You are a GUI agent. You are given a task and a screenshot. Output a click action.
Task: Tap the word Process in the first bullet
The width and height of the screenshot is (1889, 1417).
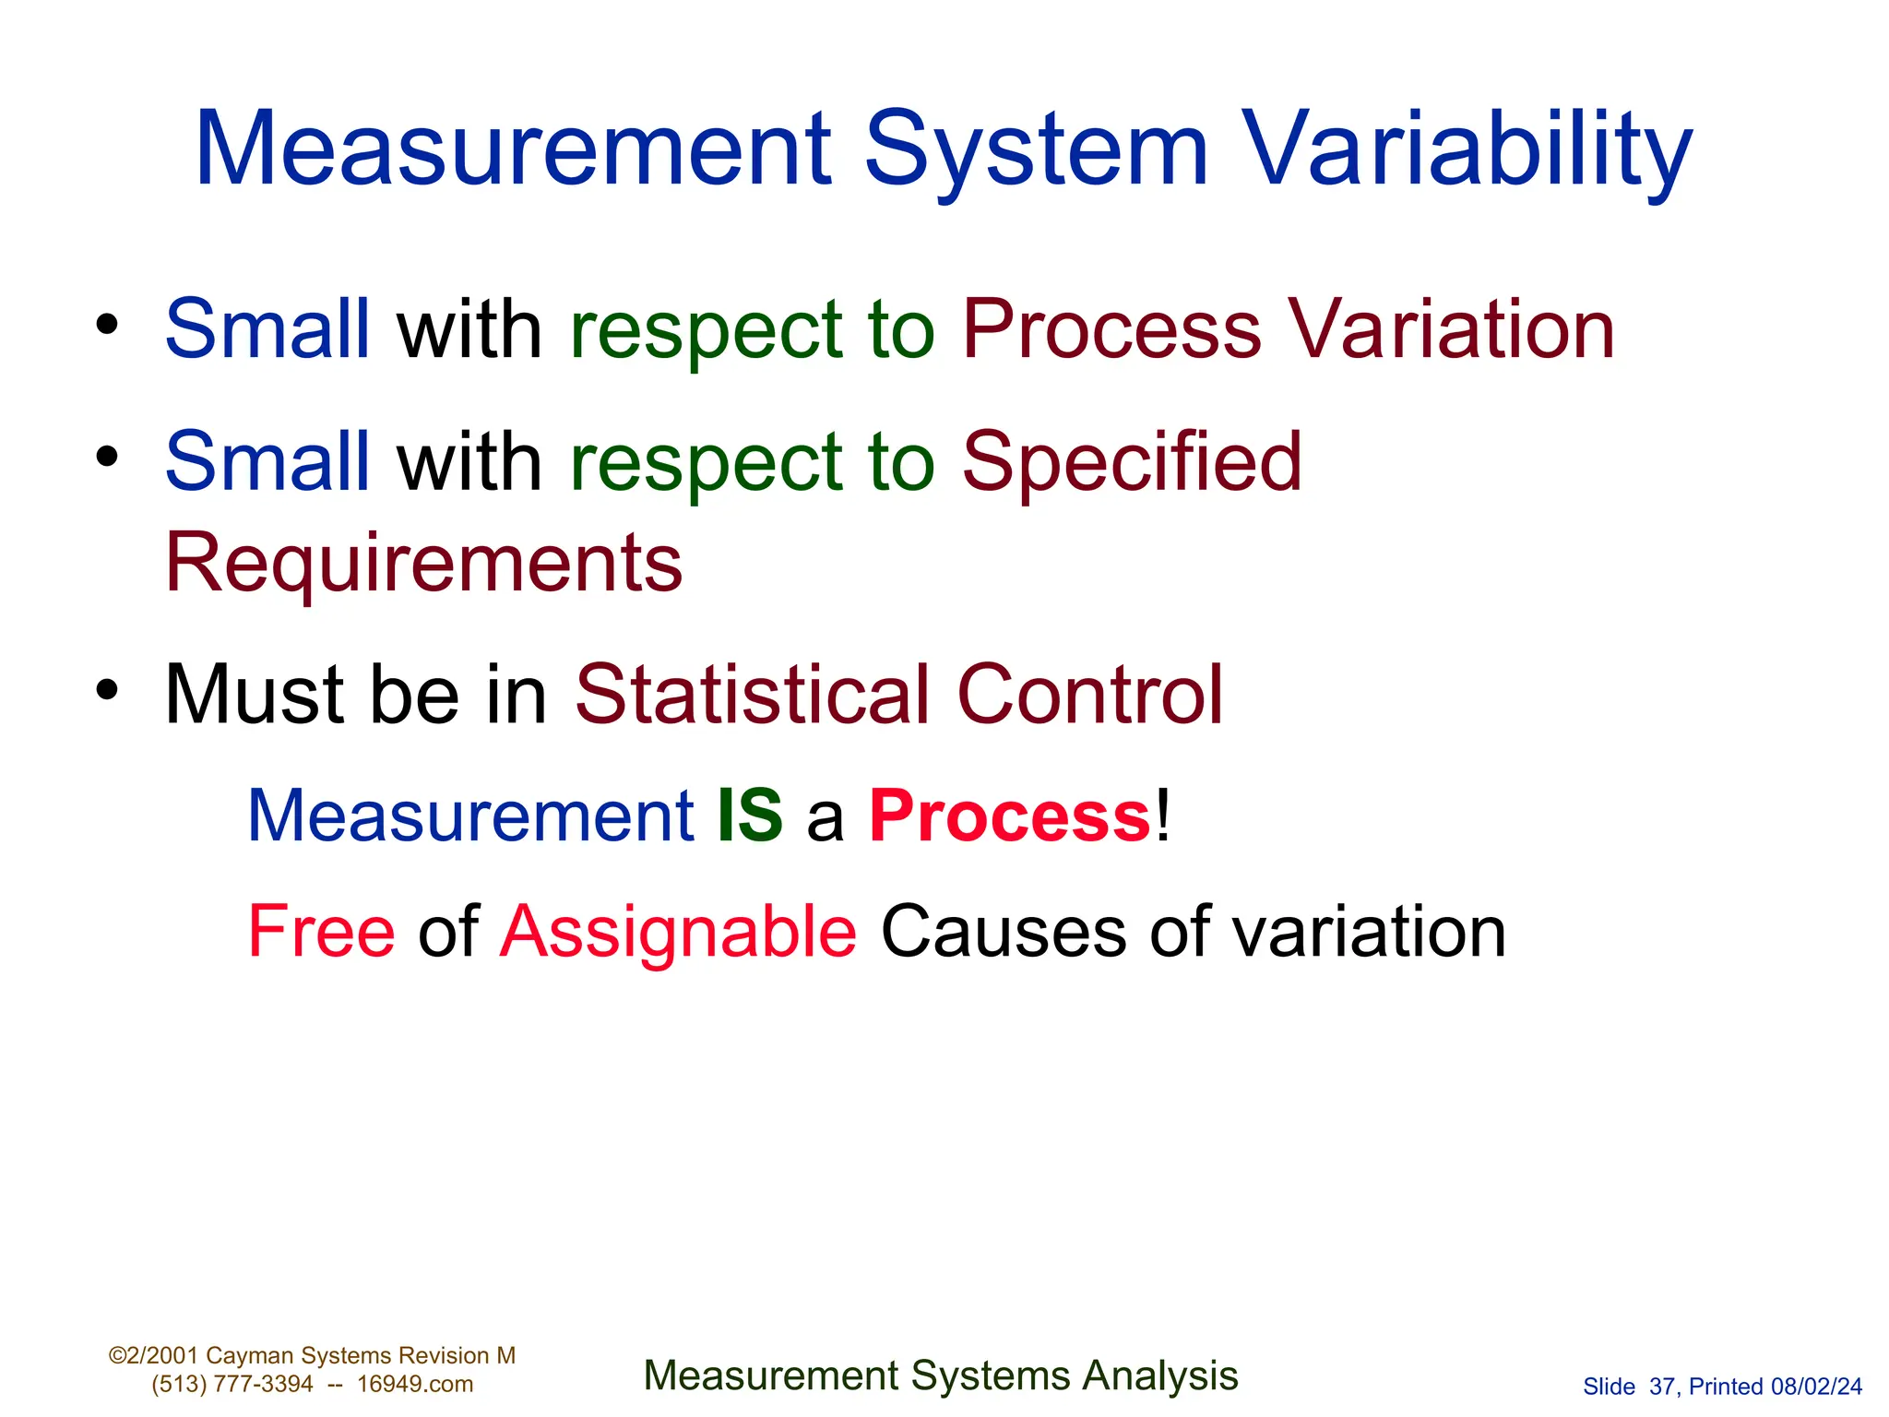click(1111, 329)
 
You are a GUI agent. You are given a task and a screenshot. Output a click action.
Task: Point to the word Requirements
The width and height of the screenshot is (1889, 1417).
click(423, 563)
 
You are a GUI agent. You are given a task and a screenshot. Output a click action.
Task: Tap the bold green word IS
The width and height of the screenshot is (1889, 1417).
click(750, 816)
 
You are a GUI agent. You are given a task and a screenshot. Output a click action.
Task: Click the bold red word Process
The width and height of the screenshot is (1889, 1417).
click(1010, 816)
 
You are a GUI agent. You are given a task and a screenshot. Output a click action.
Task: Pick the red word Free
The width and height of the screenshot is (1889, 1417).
click(321, 932)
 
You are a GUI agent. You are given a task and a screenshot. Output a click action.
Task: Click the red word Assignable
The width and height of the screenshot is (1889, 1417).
click(678, 932)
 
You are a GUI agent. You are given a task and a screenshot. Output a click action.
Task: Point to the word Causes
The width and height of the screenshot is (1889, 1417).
click(1003, 932)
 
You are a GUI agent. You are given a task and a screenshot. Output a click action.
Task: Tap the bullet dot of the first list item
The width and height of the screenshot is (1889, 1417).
click(108, 325)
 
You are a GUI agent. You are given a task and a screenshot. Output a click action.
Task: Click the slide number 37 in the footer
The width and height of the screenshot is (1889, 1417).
click(1662, 1387)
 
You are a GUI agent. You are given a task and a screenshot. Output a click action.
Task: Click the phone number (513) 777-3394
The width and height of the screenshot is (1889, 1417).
click(232, 1384)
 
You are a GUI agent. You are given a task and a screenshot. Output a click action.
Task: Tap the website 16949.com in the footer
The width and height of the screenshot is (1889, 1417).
click(415, 1384)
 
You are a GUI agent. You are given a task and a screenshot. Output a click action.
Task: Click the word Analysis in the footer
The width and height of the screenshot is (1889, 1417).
click(1159, 1375)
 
